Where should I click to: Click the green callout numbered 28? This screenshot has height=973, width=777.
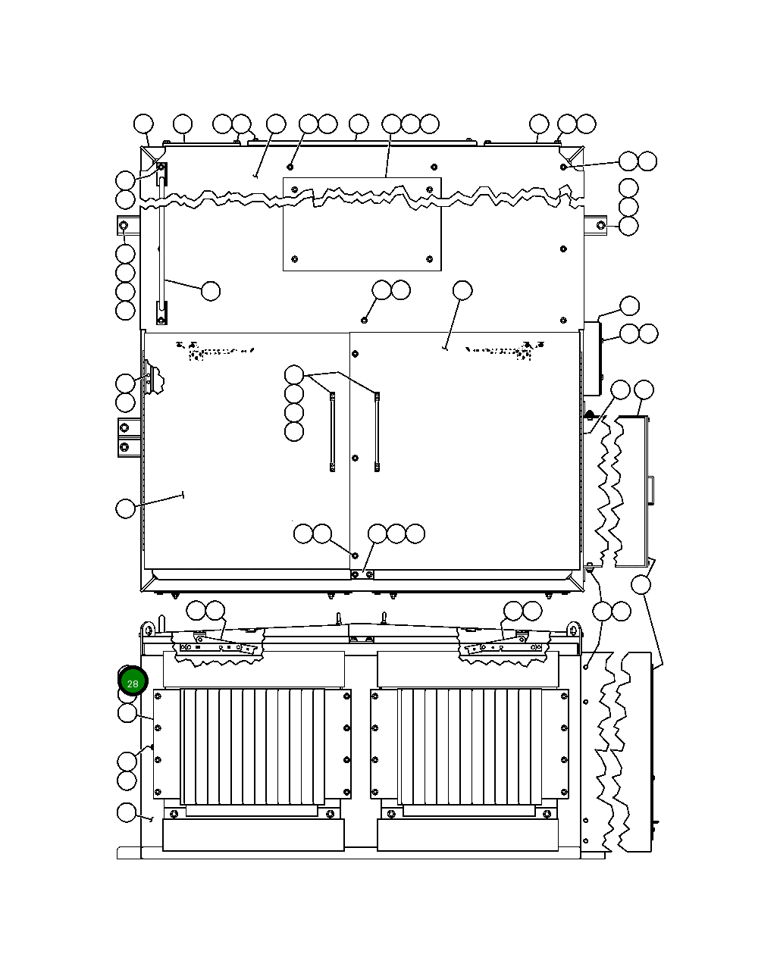click(133, 683)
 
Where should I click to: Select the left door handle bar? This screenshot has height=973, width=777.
click(332, 432)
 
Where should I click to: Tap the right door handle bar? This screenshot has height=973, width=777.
click(376, 432)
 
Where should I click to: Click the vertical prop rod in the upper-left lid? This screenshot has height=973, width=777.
click(161, 250)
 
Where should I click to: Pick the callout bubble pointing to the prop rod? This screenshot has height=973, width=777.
click(211, 291)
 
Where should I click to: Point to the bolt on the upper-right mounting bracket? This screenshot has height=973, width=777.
click(600, 225)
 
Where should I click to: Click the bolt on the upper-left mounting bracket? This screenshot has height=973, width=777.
click(124, 226)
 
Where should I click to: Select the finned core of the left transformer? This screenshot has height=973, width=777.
click(252, 746)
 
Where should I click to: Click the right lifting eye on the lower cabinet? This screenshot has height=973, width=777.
click(574, 629)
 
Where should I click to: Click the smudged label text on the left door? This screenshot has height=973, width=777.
click(216, 351)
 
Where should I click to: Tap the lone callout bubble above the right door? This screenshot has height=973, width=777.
click(462, 290)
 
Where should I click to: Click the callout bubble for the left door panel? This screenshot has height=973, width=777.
click(126, 508)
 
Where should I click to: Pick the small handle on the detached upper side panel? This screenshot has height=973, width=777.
click(651, 490)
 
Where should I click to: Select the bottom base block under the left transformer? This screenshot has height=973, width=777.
click(253, 835)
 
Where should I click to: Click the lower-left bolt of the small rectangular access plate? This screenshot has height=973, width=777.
click(294, 259)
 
